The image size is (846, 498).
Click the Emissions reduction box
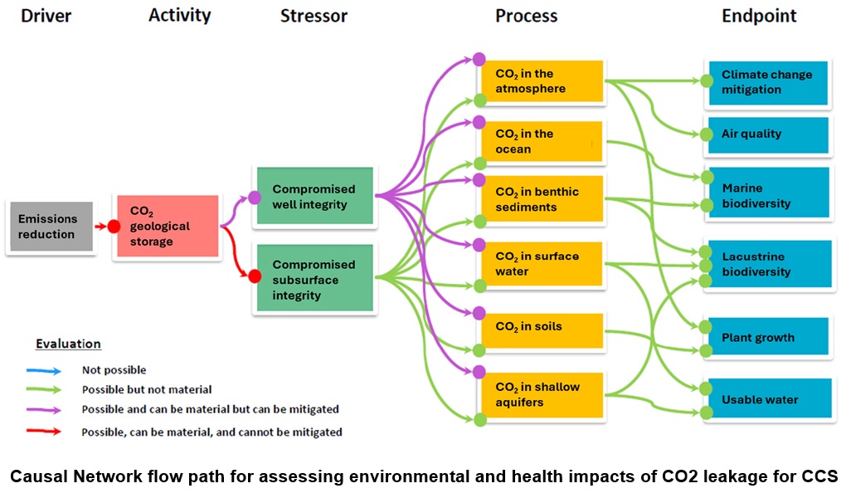[49, 227]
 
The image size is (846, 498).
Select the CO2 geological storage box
[168, 227]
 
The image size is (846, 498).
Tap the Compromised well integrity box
[315, 197]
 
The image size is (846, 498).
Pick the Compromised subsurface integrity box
[315, 280]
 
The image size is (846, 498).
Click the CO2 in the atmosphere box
[541, 81]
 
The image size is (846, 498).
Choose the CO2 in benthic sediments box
[541, 199]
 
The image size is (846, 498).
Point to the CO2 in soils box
[541, 327]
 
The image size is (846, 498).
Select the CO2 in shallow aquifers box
[541, 394]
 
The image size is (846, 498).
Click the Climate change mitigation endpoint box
[767, 81]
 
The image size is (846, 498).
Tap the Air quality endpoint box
[767, 134]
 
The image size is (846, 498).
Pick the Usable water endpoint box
[767, 399]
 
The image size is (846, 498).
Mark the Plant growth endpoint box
[767, 338]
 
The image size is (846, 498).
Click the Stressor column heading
[314, 16]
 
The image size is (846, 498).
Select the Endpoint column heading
[759, 16]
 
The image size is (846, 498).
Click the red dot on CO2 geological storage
[114, 226]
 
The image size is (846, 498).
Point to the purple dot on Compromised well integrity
[255, 198]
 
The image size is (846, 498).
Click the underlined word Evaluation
[68, 344]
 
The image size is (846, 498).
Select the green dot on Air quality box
[707, 134]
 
